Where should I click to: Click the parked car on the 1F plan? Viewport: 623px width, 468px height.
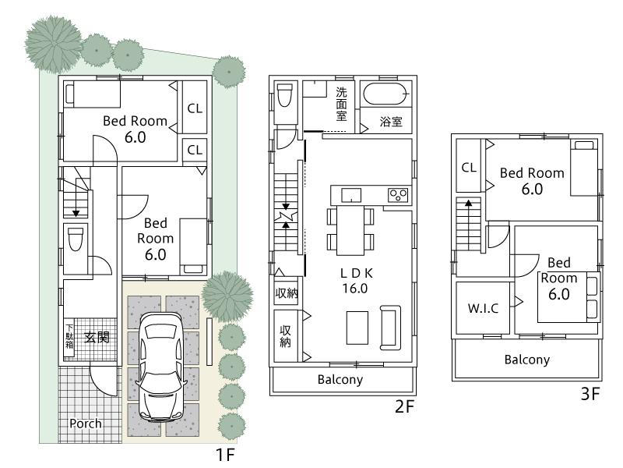pyautogui.click(x=162, y=367)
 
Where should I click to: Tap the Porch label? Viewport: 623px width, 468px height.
pyautogui.click(x=86, y=424)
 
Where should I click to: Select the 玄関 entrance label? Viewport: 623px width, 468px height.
pyautogui.click(x=97, y=338)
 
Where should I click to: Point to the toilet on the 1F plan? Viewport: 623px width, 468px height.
pyautogui.click(x=76, y=239)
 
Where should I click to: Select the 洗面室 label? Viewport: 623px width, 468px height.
pyautogui.click(x=341, y=104)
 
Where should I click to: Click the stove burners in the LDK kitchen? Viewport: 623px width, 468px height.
pyautogui.click(x=399, y=194)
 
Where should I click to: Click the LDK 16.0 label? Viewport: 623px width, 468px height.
pyautogui.click(x=353, y=280)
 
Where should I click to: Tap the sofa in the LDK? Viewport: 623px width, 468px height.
pyautogui.click(x=389, y=328)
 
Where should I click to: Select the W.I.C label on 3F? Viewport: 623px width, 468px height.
pyautogui.click(x=484, y=307)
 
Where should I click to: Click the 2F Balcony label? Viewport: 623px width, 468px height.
pyautogui.click(x=340, y=380)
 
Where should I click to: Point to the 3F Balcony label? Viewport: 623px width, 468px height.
pyautogui.click(x=526, y=360)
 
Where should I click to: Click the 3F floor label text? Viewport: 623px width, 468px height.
pyautogui.click(x=590, y=394)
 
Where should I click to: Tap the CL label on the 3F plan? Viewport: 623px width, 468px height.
pyautogui.click(x=469, y=167)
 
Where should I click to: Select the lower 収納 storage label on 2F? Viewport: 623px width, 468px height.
pyautogui.click(x=285, y=336)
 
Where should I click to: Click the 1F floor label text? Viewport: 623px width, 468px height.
pyautogui.click(x=225, y=453)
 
